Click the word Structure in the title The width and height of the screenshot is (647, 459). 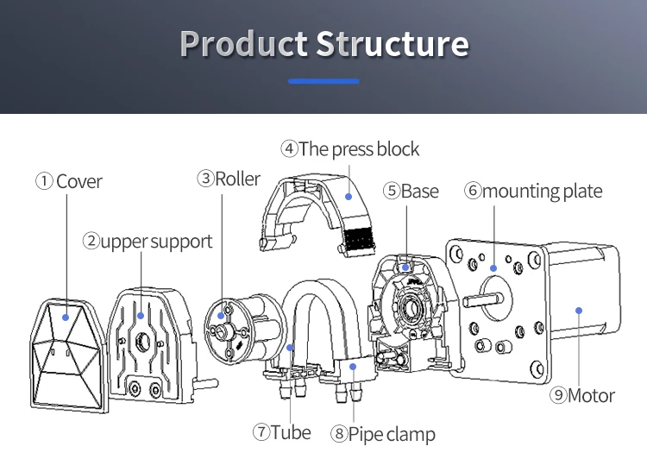point(393,43)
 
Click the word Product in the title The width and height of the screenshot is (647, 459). point(243,43)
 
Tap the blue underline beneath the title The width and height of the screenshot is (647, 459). point(323,81)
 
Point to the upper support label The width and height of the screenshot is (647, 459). point(156,242)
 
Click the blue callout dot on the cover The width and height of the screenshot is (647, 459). point(66,318)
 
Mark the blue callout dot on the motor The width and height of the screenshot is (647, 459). point(578,310)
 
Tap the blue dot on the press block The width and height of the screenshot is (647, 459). point(349,196)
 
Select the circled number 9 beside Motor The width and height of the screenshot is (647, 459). point(559,396)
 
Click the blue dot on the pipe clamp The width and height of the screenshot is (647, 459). point(354,367)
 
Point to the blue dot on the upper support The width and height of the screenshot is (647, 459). point(140,316)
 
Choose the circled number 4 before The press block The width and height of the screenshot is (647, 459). point(289,149)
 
